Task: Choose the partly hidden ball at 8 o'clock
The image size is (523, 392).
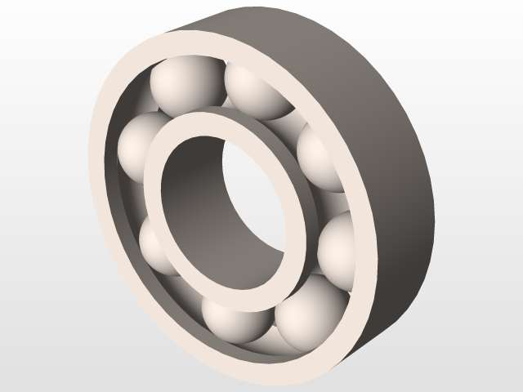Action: pyautogui.click(x=155, y=245)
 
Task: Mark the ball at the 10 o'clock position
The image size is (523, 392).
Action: pyautogui.click(x=142, y=147)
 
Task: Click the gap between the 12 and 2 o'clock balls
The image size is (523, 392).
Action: pyautogui.click(x=294, y=122)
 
